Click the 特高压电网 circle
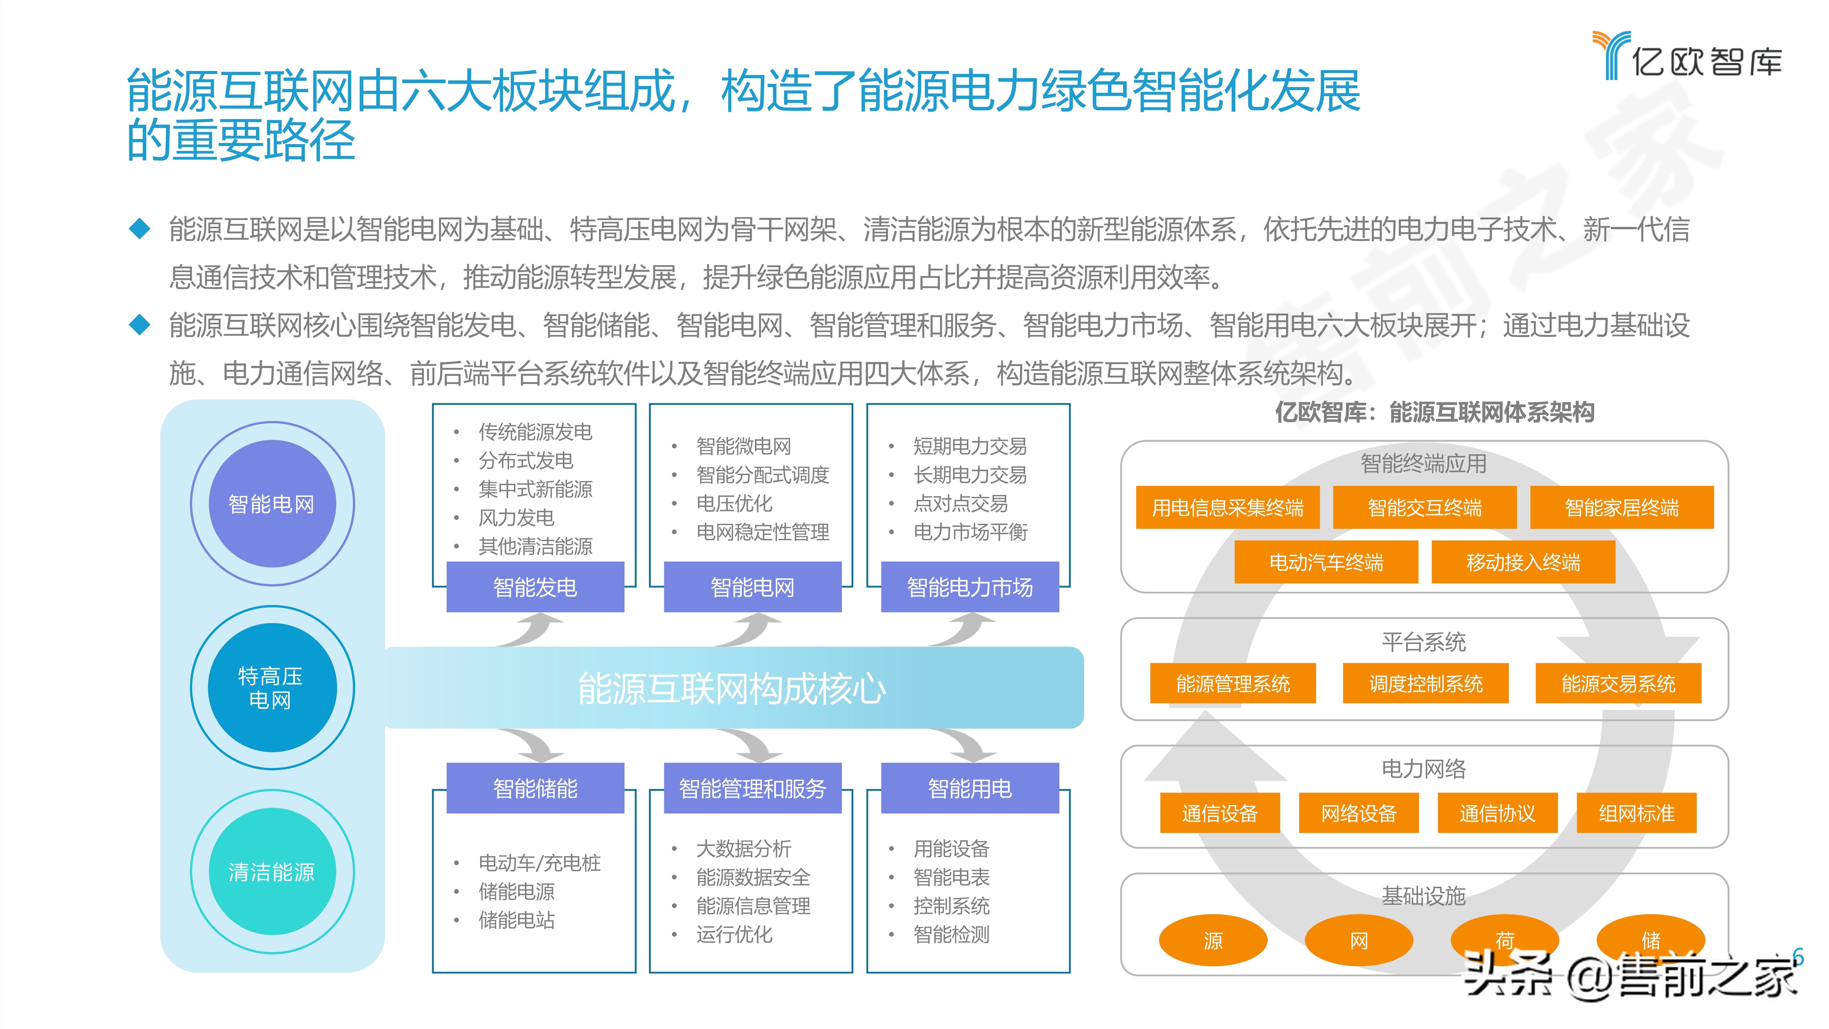click(x=271, y=687)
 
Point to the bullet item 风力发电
click(x=516, y=518)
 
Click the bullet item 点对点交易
click(x=960, y=504)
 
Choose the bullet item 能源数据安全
click(x=753, y=877)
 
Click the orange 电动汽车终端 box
click(x=1326, y=562)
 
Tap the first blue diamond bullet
click(x=140, y=229)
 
